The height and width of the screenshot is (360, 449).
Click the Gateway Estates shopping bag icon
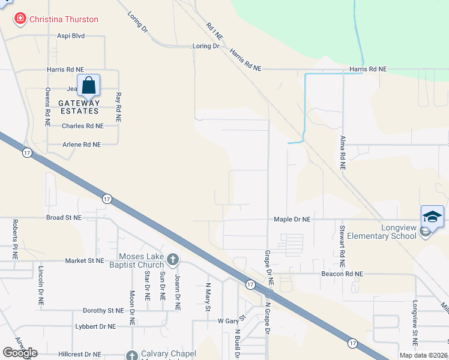point(89,85)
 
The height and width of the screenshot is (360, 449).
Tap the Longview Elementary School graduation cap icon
point(433,216)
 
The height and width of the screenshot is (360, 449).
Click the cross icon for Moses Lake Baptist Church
point(173,260)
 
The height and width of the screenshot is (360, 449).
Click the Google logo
point(20,353)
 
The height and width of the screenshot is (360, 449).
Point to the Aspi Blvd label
point(71,36)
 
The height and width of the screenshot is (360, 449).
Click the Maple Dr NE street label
point(293,220)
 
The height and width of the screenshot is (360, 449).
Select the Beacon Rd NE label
point(342,274)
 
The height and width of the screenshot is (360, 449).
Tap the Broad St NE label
point(64,218)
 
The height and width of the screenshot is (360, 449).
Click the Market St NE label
point(68,261)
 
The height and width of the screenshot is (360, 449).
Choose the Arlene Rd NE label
point(82,145)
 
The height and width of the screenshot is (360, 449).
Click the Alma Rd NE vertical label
point(343,154)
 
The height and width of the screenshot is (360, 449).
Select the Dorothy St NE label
point(103,311)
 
